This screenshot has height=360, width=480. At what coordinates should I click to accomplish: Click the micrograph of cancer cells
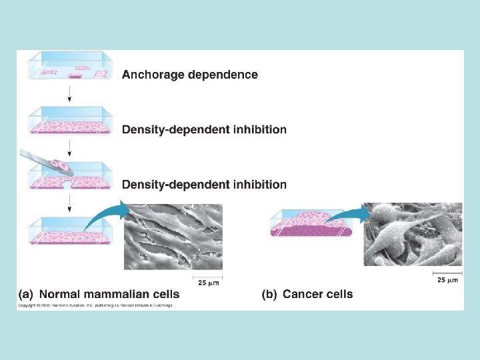coord(413,235)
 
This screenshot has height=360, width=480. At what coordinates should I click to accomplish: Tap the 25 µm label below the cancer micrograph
coord(447,280)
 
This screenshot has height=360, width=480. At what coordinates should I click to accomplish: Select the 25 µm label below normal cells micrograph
coord(207,283)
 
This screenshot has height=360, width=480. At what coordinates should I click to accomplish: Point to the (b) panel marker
coord(270,293)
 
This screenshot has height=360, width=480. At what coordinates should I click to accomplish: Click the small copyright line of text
coord(95,305)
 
